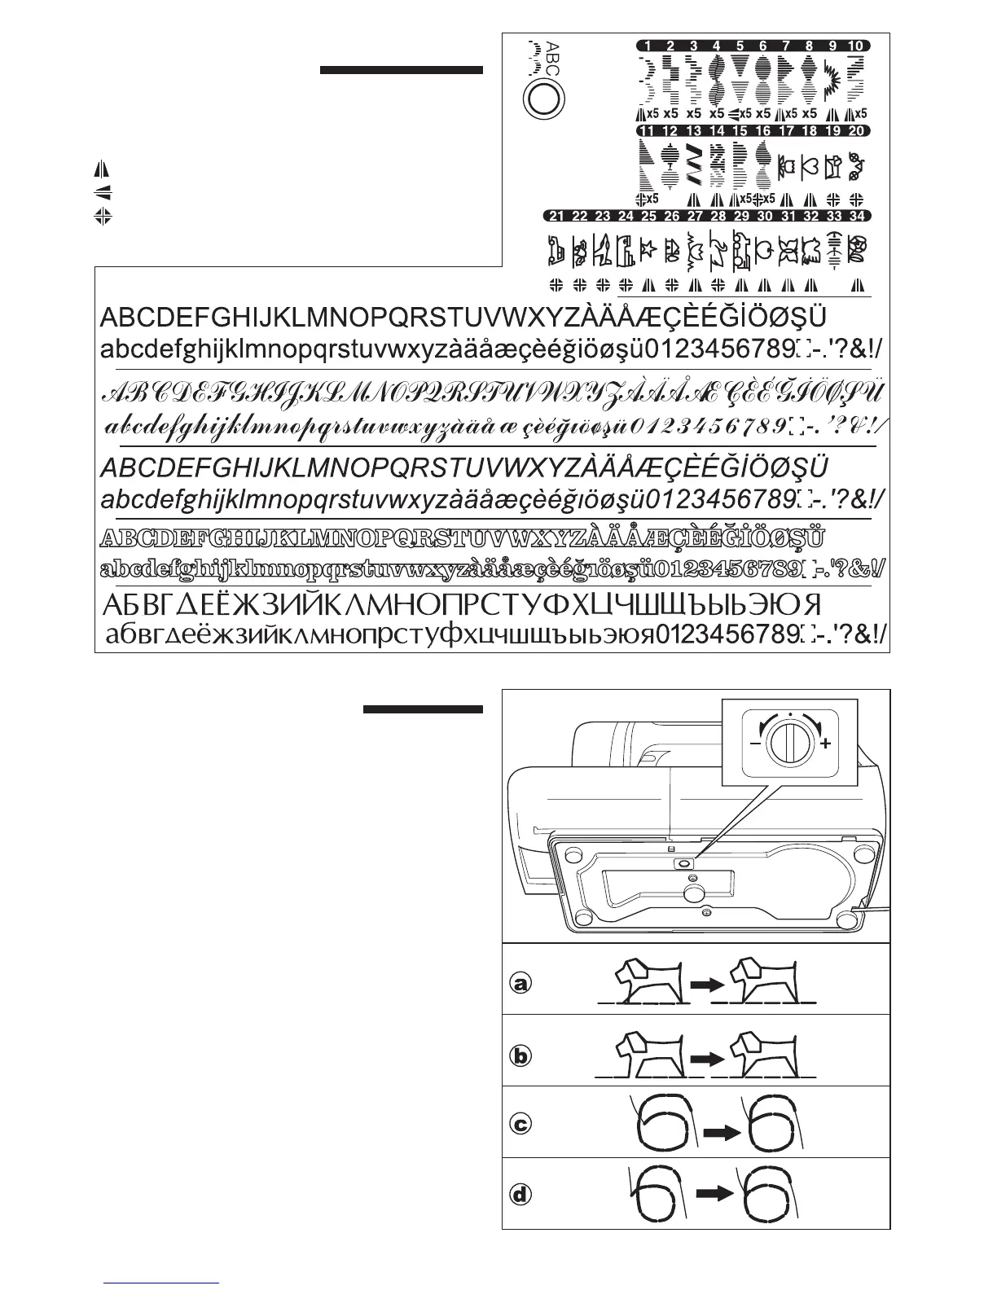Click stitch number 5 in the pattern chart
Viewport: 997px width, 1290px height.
pyautogui.click(x=740, y=46)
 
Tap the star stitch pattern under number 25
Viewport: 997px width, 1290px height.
pyautogui.click(x=648, y=249)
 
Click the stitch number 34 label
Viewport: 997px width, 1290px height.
pyautogui.click(x=856, y=217)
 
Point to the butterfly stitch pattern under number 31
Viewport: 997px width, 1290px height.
pyautogui.click(x=787, y=251)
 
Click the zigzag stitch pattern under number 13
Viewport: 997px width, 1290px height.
pyautogui.click(x=694, y=164)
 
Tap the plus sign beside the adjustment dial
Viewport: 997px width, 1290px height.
pyautogui.click(x=826, y=743)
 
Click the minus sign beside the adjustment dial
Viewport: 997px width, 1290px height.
pyautogui.click(x=755, y=743)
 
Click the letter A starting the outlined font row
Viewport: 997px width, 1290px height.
pyautogui.click(x=109, y=539)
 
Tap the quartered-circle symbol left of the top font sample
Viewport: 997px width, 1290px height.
pyautogui.click(x=102, y=217)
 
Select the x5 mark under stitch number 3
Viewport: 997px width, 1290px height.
pyautogui.click(x=694, y=114)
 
